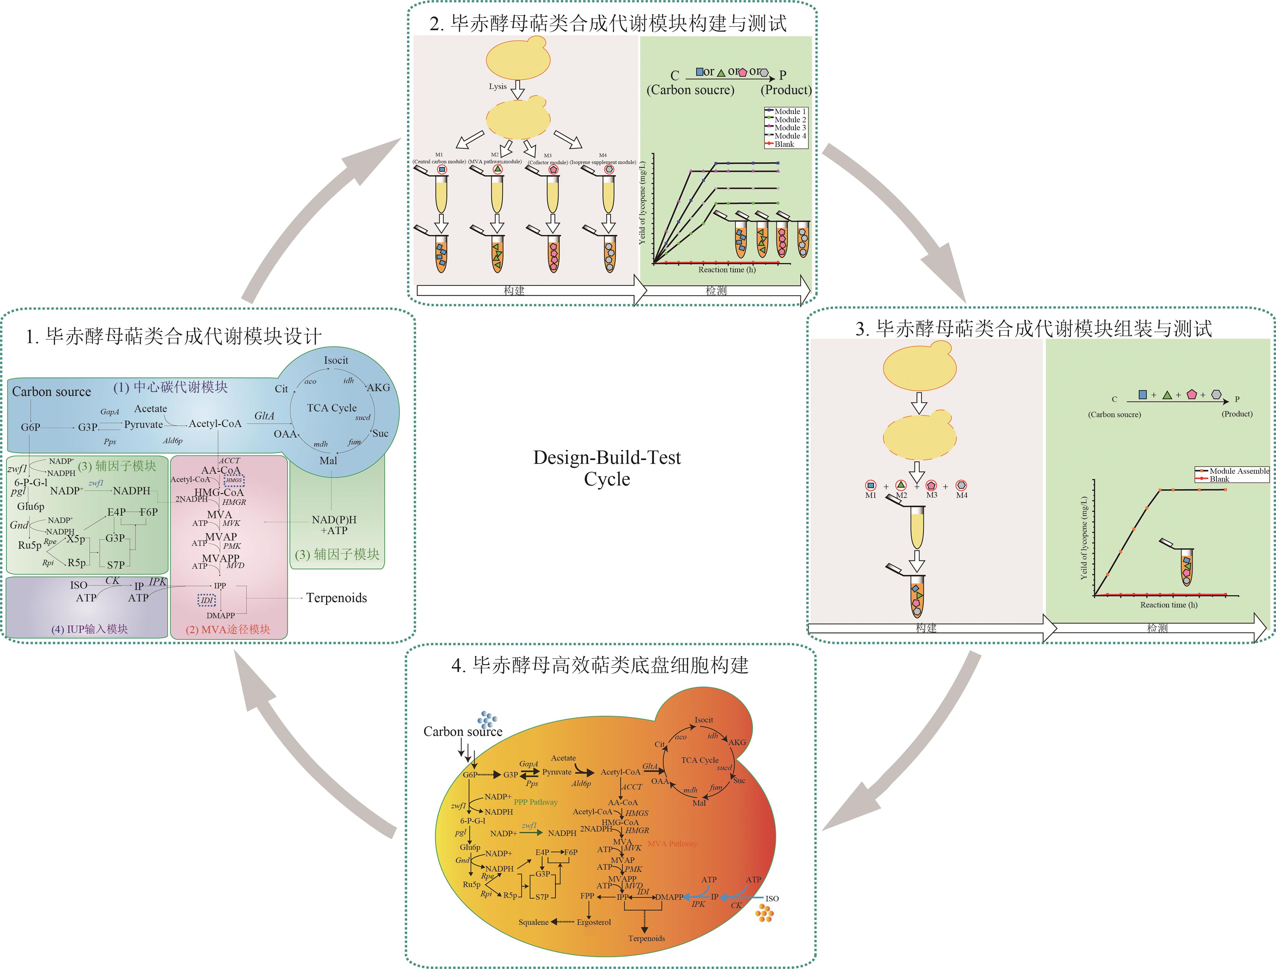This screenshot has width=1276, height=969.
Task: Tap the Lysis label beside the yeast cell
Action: click(x=497, y=86)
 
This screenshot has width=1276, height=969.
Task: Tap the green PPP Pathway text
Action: click(x=535, y=802)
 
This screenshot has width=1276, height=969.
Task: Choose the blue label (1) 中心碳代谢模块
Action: click(x=170, y=387)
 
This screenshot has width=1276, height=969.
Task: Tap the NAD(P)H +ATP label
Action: click(x=334, y=525)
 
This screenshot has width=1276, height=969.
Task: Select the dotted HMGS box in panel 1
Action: click(x=234, y=480)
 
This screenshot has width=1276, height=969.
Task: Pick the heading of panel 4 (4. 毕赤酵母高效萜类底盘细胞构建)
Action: click(x=600, y=665)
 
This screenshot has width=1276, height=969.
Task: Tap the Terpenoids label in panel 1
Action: click(x=336, y=598)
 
